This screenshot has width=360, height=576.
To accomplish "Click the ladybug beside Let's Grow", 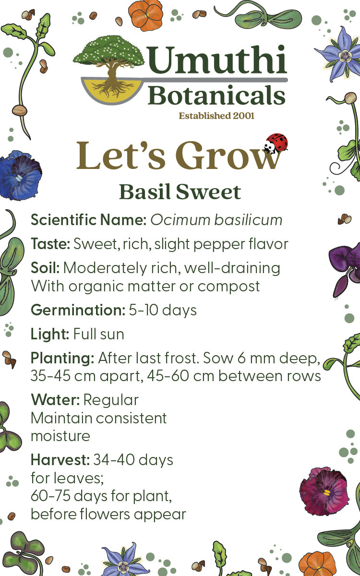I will pos(276,143).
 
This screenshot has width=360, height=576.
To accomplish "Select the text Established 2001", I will pos(216,116).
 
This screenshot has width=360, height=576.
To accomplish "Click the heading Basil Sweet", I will pos(180,192).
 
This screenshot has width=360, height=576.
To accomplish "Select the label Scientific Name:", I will pos(88,220).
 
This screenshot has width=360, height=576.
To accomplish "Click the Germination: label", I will pos(77,310).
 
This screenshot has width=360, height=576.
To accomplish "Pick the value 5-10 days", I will pos(163,310).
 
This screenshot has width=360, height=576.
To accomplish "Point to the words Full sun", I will pos(98,334).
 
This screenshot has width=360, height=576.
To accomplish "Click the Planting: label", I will pos(62,358).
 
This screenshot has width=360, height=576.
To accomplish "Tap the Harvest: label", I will pos(60,460).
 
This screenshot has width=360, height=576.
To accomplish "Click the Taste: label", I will pos(50,244).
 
